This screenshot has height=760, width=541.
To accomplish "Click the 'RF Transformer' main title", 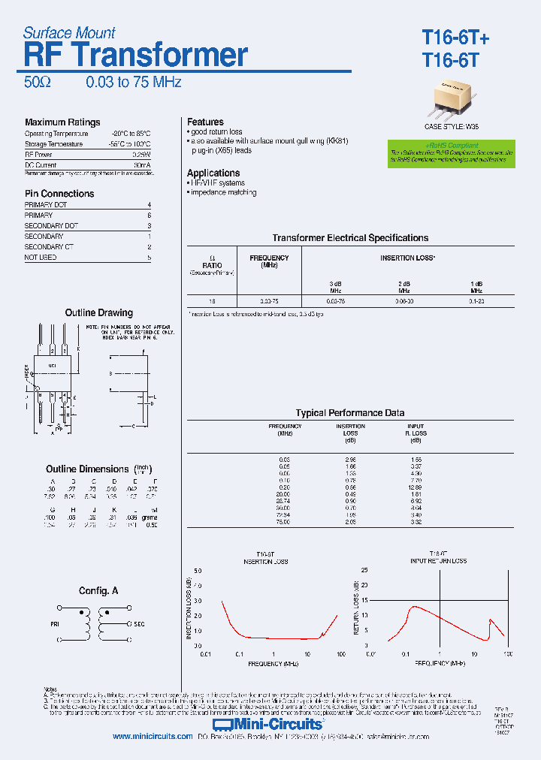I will click(x=136, y=56).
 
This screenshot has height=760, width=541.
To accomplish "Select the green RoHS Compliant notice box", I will click(x=452, y=152).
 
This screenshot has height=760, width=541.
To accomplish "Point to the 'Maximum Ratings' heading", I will click(x=62, y=122).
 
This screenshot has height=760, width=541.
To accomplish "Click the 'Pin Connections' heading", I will click(x=59, y=194).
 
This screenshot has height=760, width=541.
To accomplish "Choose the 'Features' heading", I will click(x=205, y=122).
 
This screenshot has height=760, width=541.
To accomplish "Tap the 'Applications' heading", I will click(x=213, y=173).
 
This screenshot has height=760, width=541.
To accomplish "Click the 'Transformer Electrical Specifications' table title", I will click(x=350, y=238).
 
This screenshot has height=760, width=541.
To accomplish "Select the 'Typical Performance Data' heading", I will click(x=350, y=413).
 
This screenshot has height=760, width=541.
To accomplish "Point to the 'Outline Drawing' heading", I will click(x=98, y=313).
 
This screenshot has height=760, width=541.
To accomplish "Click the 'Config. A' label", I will click(x=98, y=592).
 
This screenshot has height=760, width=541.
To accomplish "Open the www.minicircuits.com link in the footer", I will click(x=153, y=737).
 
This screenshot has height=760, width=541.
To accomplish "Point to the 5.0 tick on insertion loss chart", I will click(x=198, y=572).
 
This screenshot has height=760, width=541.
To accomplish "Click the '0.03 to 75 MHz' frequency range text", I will click(x=134, y=83).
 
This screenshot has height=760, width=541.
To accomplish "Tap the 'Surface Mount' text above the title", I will click(x=69, y=33).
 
